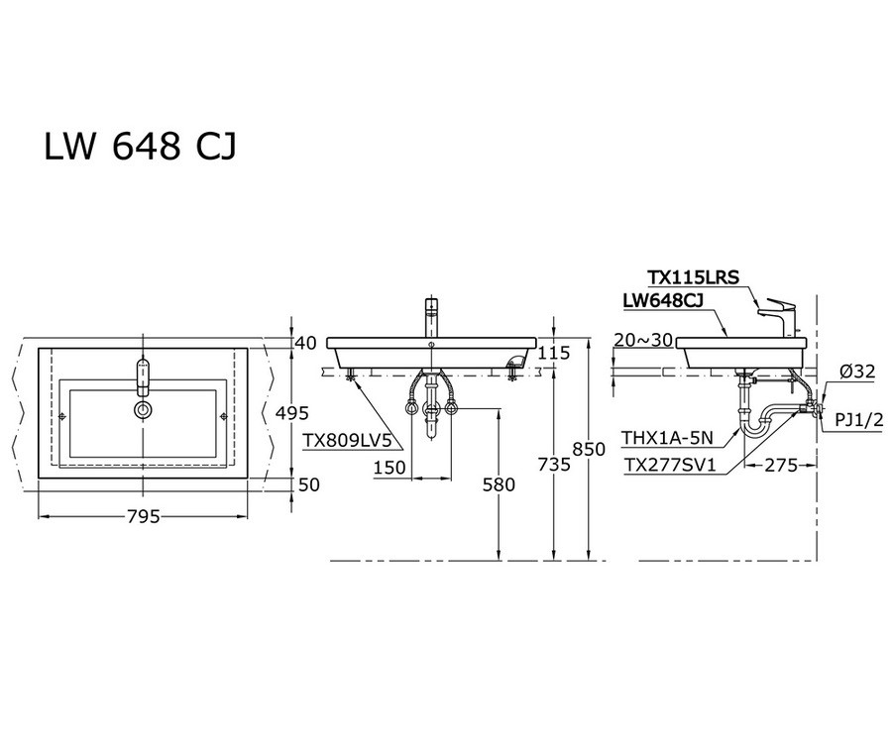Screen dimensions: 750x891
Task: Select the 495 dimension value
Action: coord(293,413)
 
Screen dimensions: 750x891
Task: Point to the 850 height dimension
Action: coord(590,449)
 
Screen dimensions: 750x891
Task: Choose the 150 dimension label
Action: coord(390,468)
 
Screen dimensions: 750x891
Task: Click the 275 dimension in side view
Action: coord(781,465)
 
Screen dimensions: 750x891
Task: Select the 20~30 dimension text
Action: coord(643,340)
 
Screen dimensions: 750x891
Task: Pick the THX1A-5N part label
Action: coord(664,437)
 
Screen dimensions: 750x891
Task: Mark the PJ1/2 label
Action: coord(858,420)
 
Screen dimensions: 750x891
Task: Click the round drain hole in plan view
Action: coord(143,407)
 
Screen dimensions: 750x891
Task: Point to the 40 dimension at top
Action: coord(306,343)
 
